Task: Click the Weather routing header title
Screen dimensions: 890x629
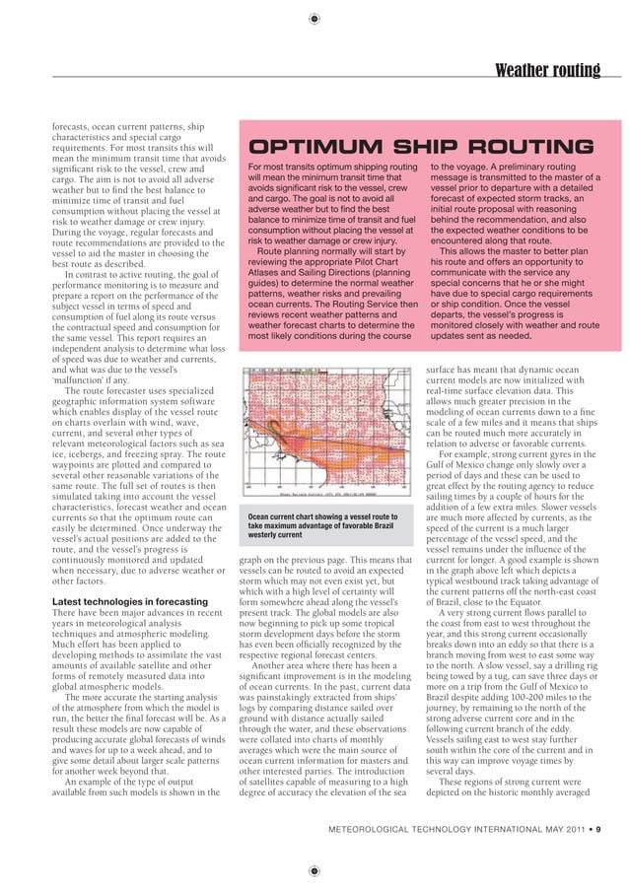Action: click(x=546, y=70)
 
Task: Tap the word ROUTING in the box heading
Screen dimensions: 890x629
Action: click(x=532, y=148)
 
